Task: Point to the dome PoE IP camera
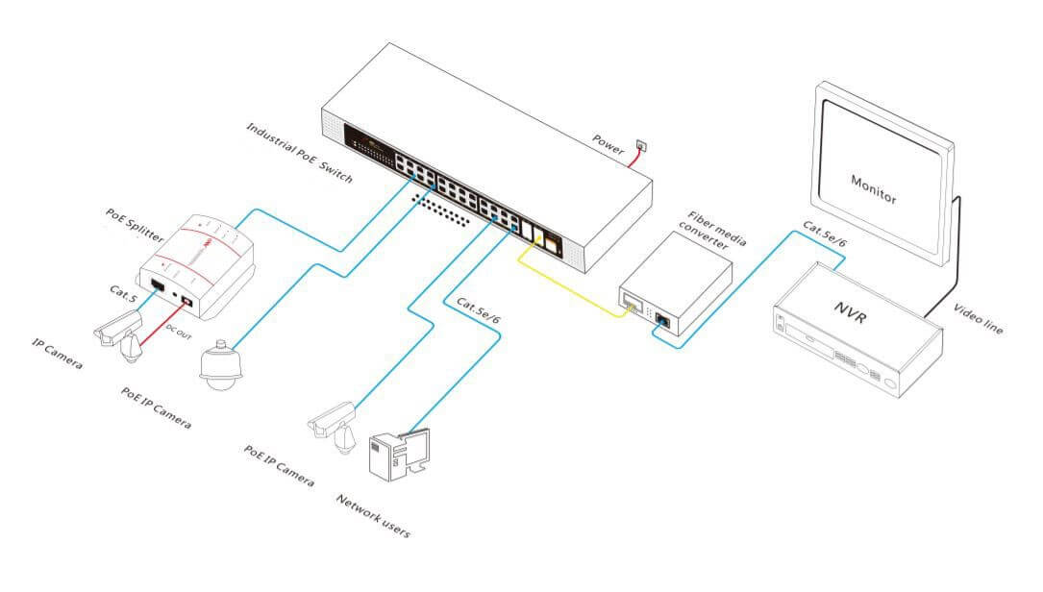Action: (x=220, y=366)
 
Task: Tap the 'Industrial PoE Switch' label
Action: (x=299, y=153)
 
